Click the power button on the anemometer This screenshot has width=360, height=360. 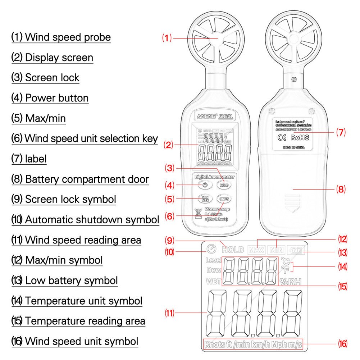[204, 185]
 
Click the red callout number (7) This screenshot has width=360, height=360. [341, 132]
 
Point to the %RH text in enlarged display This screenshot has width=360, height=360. [290, 282]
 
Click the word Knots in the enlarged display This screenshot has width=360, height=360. [215, 345]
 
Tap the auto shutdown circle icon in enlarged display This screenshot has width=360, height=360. [211, 249]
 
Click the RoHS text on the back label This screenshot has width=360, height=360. [300, 137]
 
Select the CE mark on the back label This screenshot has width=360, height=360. [282, 137]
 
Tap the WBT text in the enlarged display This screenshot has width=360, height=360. [213, 282]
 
